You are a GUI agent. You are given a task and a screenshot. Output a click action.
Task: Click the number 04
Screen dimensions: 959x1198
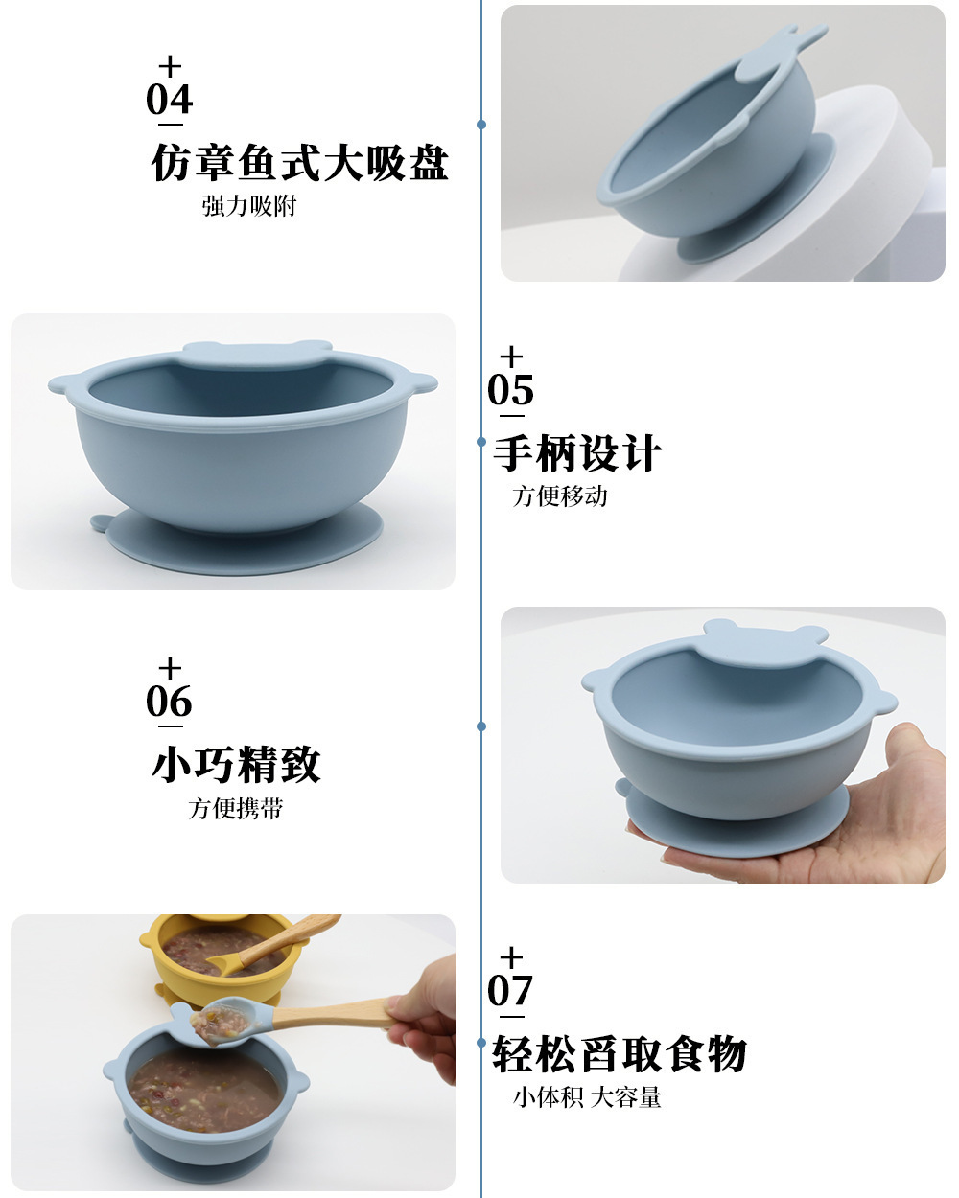[170, 100]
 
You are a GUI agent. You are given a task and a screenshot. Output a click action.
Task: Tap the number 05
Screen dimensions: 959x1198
[510, 390]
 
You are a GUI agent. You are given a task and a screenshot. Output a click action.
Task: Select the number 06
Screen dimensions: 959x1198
[170, 702]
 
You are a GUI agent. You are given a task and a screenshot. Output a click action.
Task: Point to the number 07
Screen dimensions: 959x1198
[510, 992]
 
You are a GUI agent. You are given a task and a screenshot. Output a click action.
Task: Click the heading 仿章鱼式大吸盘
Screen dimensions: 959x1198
[300, 163]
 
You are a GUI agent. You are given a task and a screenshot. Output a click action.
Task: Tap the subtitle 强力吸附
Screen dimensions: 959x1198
[249, 206]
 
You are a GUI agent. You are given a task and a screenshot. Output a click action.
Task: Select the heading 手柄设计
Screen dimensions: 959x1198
[577, 453]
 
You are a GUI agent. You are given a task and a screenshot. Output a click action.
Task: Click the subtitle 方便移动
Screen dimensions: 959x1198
[560, 496]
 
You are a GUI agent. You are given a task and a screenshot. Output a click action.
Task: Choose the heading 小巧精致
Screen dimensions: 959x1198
[236, 765]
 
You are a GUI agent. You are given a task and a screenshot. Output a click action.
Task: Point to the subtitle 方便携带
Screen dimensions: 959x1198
[236, 808]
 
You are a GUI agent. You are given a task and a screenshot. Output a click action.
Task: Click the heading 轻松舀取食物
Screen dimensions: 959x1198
[620, 1054]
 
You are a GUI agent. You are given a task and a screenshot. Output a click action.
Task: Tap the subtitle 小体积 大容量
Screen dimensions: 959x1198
[587, 1097]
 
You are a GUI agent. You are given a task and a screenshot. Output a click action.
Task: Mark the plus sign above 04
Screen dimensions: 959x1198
[170, 67]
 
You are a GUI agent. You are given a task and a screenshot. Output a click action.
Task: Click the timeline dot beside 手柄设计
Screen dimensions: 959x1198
[481, 442]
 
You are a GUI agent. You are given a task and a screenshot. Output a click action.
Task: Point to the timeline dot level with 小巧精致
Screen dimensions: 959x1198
[481, 726]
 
